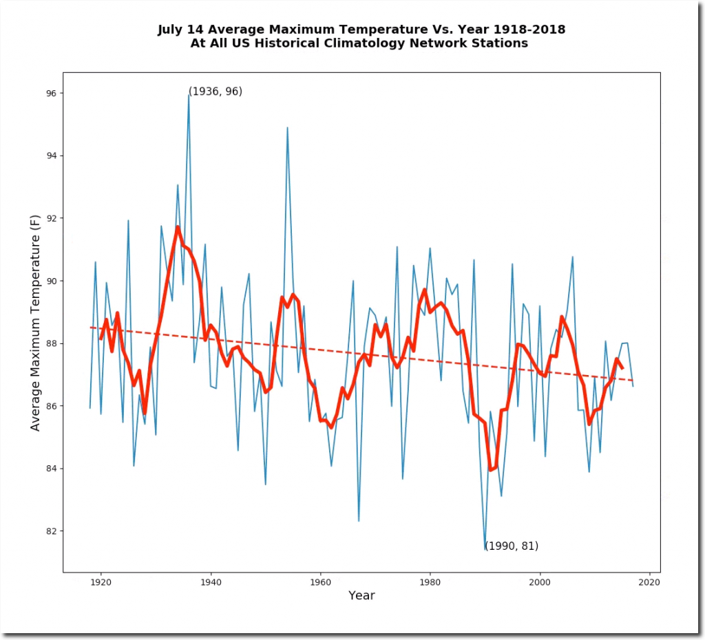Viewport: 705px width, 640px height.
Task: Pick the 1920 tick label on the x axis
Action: [101, 582]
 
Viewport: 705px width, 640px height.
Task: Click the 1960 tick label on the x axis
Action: [320, 582]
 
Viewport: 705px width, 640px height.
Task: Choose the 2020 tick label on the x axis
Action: [649, 582]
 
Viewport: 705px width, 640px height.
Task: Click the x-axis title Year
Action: [361, 596]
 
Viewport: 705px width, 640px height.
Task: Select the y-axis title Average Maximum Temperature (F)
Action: [36, 322]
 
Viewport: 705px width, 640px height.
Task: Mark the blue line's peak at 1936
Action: [189, 95]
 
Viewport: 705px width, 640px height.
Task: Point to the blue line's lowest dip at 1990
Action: [485, 548]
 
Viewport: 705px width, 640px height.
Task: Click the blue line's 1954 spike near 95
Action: [287, 127]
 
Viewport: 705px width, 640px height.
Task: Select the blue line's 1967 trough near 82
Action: [359, 521]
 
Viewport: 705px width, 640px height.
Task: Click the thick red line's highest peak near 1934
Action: [178, 226]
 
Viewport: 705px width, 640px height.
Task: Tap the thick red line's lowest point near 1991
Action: [491, 470]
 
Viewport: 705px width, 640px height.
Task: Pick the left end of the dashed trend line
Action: [91, 328]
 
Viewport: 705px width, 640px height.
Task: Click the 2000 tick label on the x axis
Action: [540, 582]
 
